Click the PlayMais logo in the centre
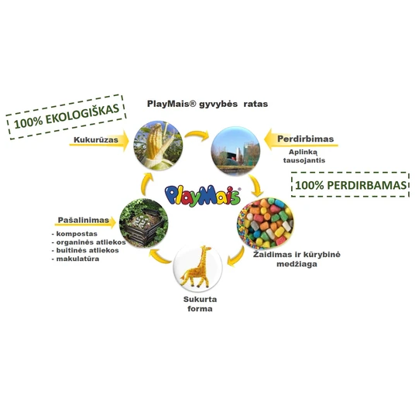pyautogui.click(x=203, y=196)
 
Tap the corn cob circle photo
pyautogui.click(x=158, y=146)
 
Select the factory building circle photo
pyautogui.click(x=235, y=151)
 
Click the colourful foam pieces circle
pyautogui.click(x=265, y=222)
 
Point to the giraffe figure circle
pyautogui.click(x=197, y=268)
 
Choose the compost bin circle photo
pyautogui.click(x=144, y=223)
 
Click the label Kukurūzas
pyautogui.click(x=96, y=139)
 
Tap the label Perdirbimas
pyautogui.click(x=305, y=139)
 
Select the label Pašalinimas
pyautogui.click(x=84, y=220)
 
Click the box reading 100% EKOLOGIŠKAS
pyautogui.click(x=66, y=117)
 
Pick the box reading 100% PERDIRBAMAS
pyautogui.click(x=350, y=184)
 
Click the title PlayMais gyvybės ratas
pyautogui.click(x=207, y=104)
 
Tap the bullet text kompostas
pyautogui.click(x=74, y=234)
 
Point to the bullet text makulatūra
pyautogui.click(x=75, y=259)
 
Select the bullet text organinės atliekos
pyautogui.click(x=89, y=242)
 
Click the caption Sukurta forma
pyautogui.click(x=200, y=304)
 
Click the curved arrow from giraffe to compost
pyautogui.click(x=159, y=256)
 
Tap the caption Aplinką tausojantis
pyautogui.click(x=304, y=156)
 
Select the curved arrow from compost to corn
pyautogui.click(x=145, y=184)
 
